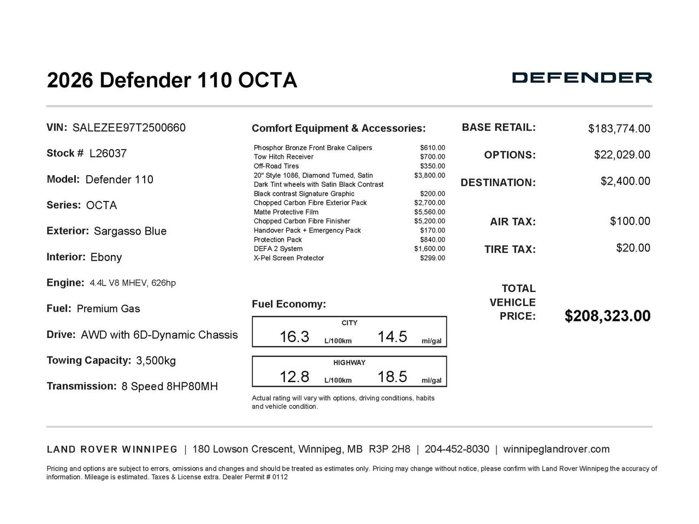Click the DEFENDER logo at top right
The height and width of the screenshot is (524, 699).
tap(582, 78)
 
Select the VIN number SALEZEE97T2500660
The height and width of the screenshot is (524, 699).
tap(129, 128)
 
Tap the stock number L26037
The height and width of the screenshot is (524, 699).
tap(108, 154)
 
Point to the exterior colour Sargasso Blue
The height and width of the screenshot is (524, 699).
tap(130, 231)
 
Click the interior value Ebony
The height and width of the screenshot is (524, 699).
tap(106, 257)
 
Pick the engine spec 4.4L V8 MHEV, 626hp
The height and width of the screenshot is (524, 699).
tap(133, 283)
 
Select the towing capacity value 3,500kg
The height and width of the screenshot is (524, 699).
tap(156, 361)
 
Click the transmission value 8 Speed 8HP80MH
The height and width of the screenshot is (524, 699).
tap(169, 386)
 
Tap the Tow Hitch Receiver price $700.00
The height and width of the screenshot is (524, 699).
tap(432, 157)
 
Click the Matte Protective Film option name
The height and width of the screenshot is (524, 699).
tap(286, 212)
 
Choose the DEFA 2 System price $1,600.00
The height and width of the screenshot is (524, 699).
tap(429, 249)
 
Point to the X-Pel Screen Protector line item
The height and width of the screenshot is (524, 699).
tap(288, 258)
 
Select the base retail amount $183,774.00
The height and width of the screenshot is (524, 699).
tap(619, 129)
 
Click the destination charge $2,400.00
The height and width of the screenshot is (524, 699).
tap(625, 181)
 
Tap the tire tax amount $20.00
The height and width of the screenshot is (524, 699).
tap(633, 248)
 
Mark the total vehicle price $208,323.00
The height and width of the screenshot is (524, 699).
tap(607, 316)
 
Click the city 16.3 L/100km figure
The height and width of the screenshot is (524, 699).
tap(294, 337)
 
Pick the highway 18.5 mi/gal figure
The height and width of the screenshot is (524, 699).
tap(392, 377)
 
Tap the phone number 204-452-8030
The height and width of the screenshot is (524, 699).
tap(457, 449)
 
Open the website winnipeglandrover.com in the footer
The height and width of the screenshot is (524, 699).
tap(556, 449)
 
